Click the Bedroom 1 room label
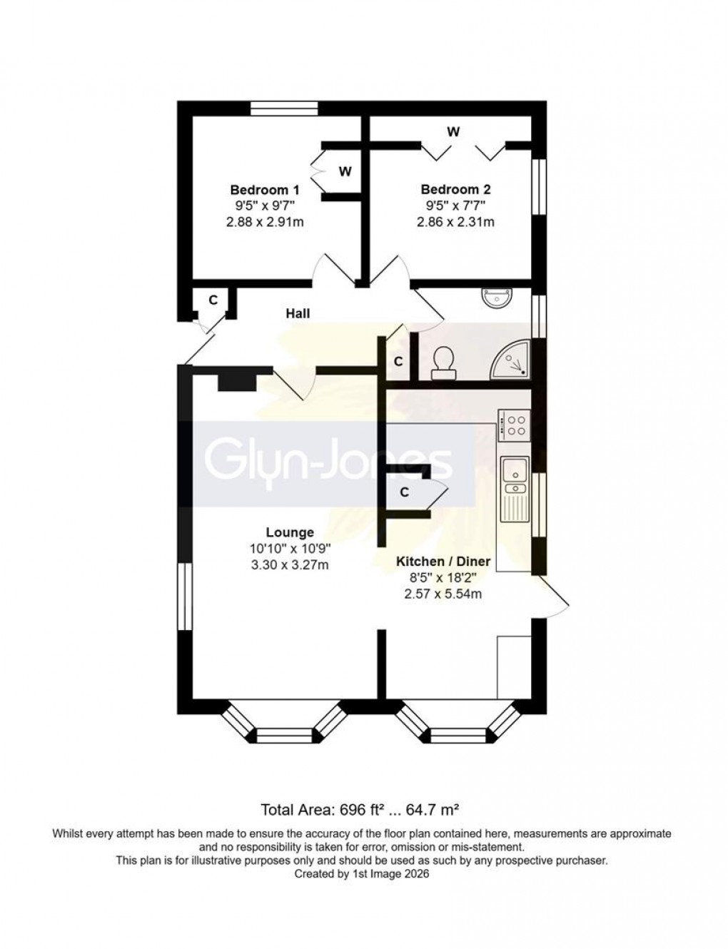(x=264, y=190)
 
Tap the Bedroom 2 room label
(x=455, y=190)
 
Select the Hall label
(x=298, y=313)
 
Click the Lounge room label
(x=290, y=532)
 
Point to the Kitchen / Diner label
(x=443, y=562)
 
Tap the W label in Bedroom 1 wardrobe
(x=345, y=171)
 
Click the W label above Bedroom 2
(x=453, y=132)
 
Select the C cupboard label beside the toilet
(x=398, y=362)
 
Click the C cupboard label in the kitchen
(x=404, y=492)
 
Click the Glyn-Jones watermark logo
(x=328, y=462)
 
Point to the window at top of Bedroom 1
(x=284, y=108)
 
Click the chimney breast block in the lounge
(x=236, y=382)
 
